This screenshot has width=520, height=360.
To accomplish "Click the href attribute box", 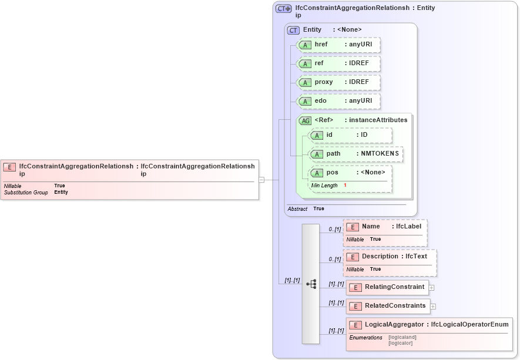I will (338, 45).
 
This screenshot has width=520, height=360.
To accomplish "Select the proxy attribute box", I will (338, 82).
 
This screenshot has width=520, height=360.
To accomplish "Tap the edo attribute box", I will (338, 101).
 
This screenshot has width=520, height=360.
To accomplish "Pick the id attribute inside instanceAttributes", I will (350, 135).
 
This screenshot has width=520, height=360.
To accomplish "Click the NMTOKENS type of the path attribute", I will (380, 154).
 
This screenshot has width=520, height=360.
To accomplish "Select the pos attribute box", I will (350, 173).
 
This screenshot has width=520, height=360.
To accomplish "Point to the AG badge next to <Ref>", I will (306, 120).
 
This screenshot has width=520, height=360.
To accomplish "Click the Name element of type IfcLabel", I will (385, 227).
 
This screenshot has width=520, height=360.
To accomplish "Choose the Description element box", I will (390, 257).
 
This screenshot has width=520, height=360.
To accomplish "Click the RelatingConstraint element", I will (387, 287).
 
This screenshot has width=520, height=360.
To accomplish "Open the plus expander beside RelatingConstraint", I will (432, 288).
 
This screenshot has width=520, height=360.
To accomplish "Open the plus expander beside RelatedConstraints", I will (433, 306).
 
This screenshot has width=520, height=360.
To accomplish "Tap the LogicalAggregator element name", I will (394, 324).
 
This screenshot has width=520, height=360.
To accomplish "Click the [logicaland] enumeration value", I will (402, 338).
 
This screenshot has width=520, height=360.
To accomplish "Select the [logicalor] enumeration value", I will (401, 343).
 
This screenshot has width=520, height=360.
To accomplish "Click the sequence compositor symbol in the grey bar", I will (311, 284).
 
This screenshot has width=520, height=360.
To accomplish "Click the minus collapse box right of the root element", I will (261, 180).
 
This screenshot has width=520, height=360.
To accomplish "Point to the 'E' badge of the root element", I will (10, 167).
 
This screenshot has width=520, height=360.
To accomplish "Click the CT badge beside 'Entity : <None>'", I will (293, 30).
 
